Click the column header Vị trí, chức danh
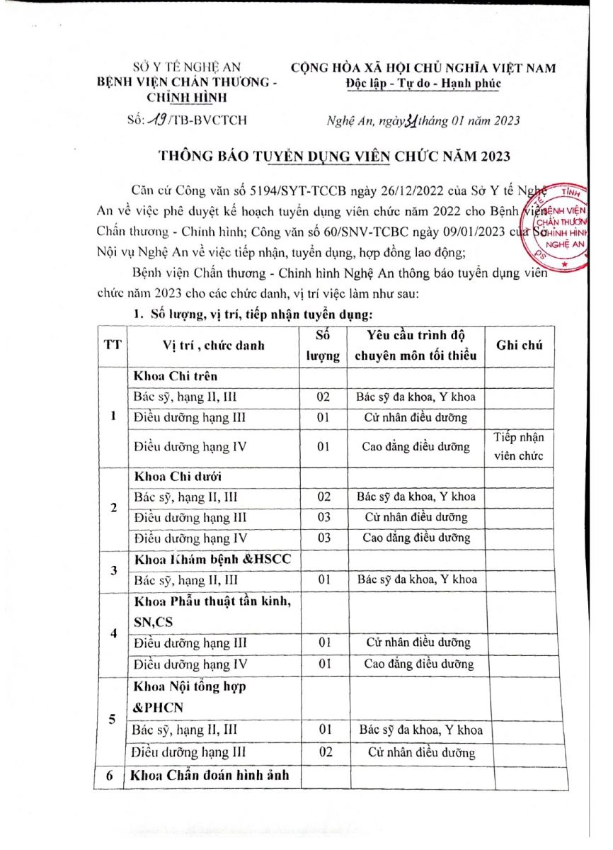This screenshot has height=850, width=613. pyautogui.click(x=213, y=346)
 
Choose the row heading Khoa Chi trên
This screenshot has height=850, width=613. pyautogui.click(x=176, y=376)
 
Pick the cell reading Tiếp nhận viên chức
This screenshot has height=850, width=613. pyautogui.click(x=519, y=446)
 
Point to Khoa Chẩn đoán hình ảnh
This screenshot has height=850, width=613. pyautogui.click(x=210, y=776)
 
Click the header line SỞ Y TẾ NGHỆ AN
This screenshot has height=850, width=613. pyautogui.click(x=187, y=69)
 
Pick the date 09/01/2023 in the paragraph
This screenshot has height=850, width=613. pyautogui.click(x=473, y=231)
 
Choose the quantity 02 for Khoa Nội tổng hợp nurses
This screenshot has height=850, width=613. pyautogui.click(x=325, y=752)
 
